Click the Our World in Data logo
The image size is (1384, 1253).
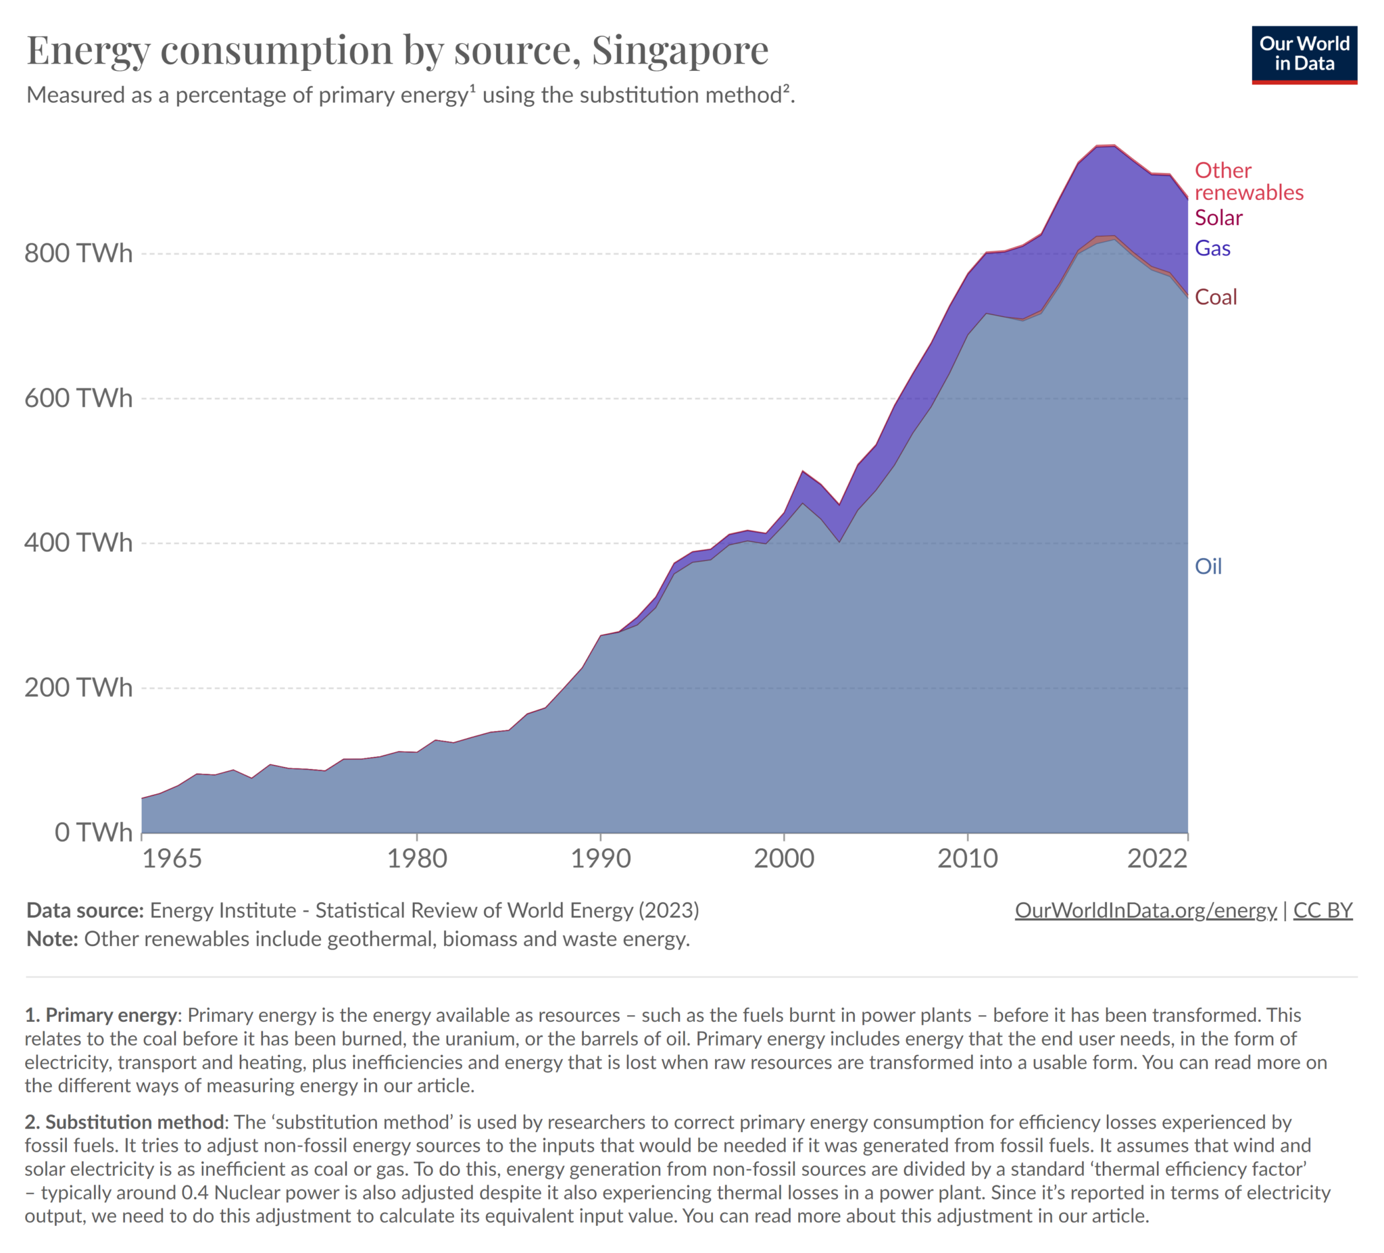tap(1304, 55)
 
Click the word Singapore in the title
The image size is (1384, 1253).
tap(680, 50)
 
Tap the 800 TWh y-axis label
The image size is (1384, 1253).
tap(78, 253)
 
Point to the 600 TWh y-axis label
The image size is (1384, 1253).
tap(78, 398)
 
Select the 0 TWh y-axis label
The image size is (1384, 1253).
tap(93, 832)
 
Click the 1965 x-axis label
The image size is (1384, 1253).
tap(172, 859)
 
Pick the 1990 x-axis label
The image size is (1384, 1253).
tap(601, 859)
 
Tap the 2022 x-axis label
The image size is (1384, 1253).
tap(1157, 859)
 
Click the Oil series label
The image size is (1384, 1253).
tap(1208, 566)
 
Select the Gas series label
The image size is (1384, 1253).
tap(1212, 249)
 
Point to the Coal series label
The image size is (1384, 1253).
tap(1215, 297)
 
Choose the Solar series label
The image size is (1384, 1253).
tap(1218, 218)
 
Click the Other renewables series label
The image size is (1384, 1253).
tap(1248, 181)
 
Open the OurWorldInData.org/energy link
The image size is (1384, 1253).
tap(1145, 910)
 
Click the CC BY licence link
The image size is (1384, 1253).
tap(1323, 910)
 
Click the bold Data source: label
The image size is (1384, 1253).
tap(85, 910)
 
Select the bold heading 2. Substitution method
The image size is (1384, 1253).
tap(125, 1122)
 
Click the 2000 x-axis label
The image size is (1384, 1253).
tap(784, 859)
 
